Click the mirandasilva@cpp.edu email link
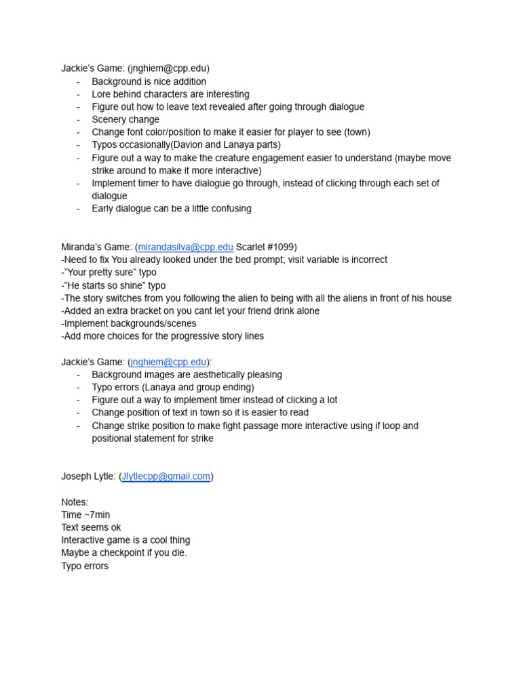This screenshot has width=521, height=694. (185, 247)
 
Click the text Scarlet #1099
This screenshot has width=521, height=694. (265, 247)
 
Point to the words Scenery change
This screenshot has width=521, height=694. (126, 119)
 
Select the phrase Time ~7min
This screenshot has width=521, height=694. (85, 515)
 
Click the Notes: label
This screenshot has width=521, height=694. (75, 502)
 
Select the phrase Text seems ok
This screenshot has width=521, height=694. (91, 527)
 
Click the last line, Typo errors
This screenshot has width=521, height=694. (85, 566)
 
